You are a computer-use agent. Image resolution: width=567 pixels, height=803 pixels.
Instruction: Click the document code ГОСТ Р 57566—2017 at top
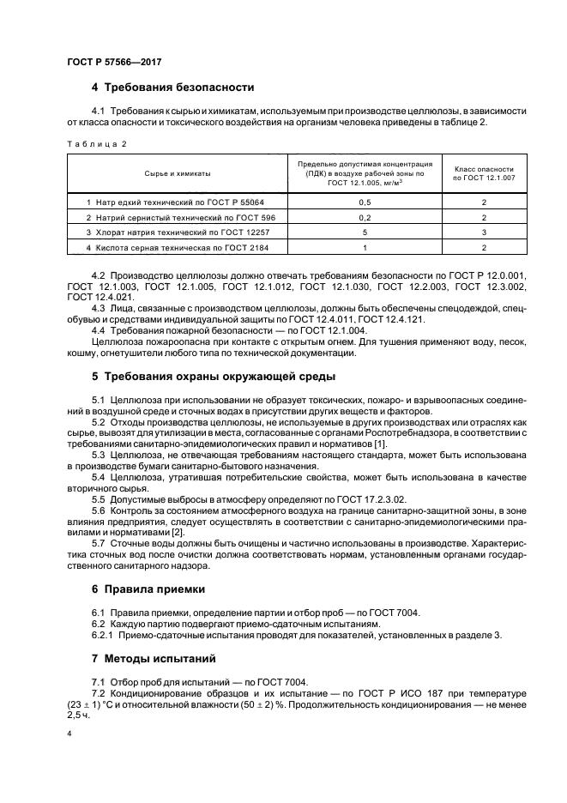(114, 63)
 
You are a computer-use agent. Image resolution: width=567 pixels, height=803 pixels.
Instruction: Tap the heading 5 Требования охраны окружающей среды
(214, 377)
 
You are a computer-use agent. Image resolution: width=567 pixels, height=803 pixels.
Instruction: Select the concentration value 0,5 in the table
(365, 202)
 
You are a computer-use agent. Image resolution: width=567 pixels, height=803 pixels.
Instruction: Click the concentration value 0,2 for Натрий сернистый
(365, 217)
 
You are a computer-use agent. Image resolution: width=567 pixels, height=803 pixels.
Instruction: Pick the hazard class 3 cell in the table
(484, 232)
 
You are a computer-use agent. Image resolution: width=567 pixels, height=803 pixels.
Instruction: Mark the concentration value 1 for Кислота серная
(365, 248)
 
